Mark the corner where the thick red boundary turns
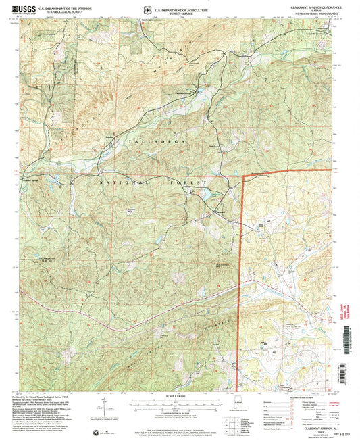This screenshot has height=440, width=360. click(x=242, y=175)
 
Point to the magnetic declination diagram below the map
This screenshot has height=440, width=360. click(x=104, y=408)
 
